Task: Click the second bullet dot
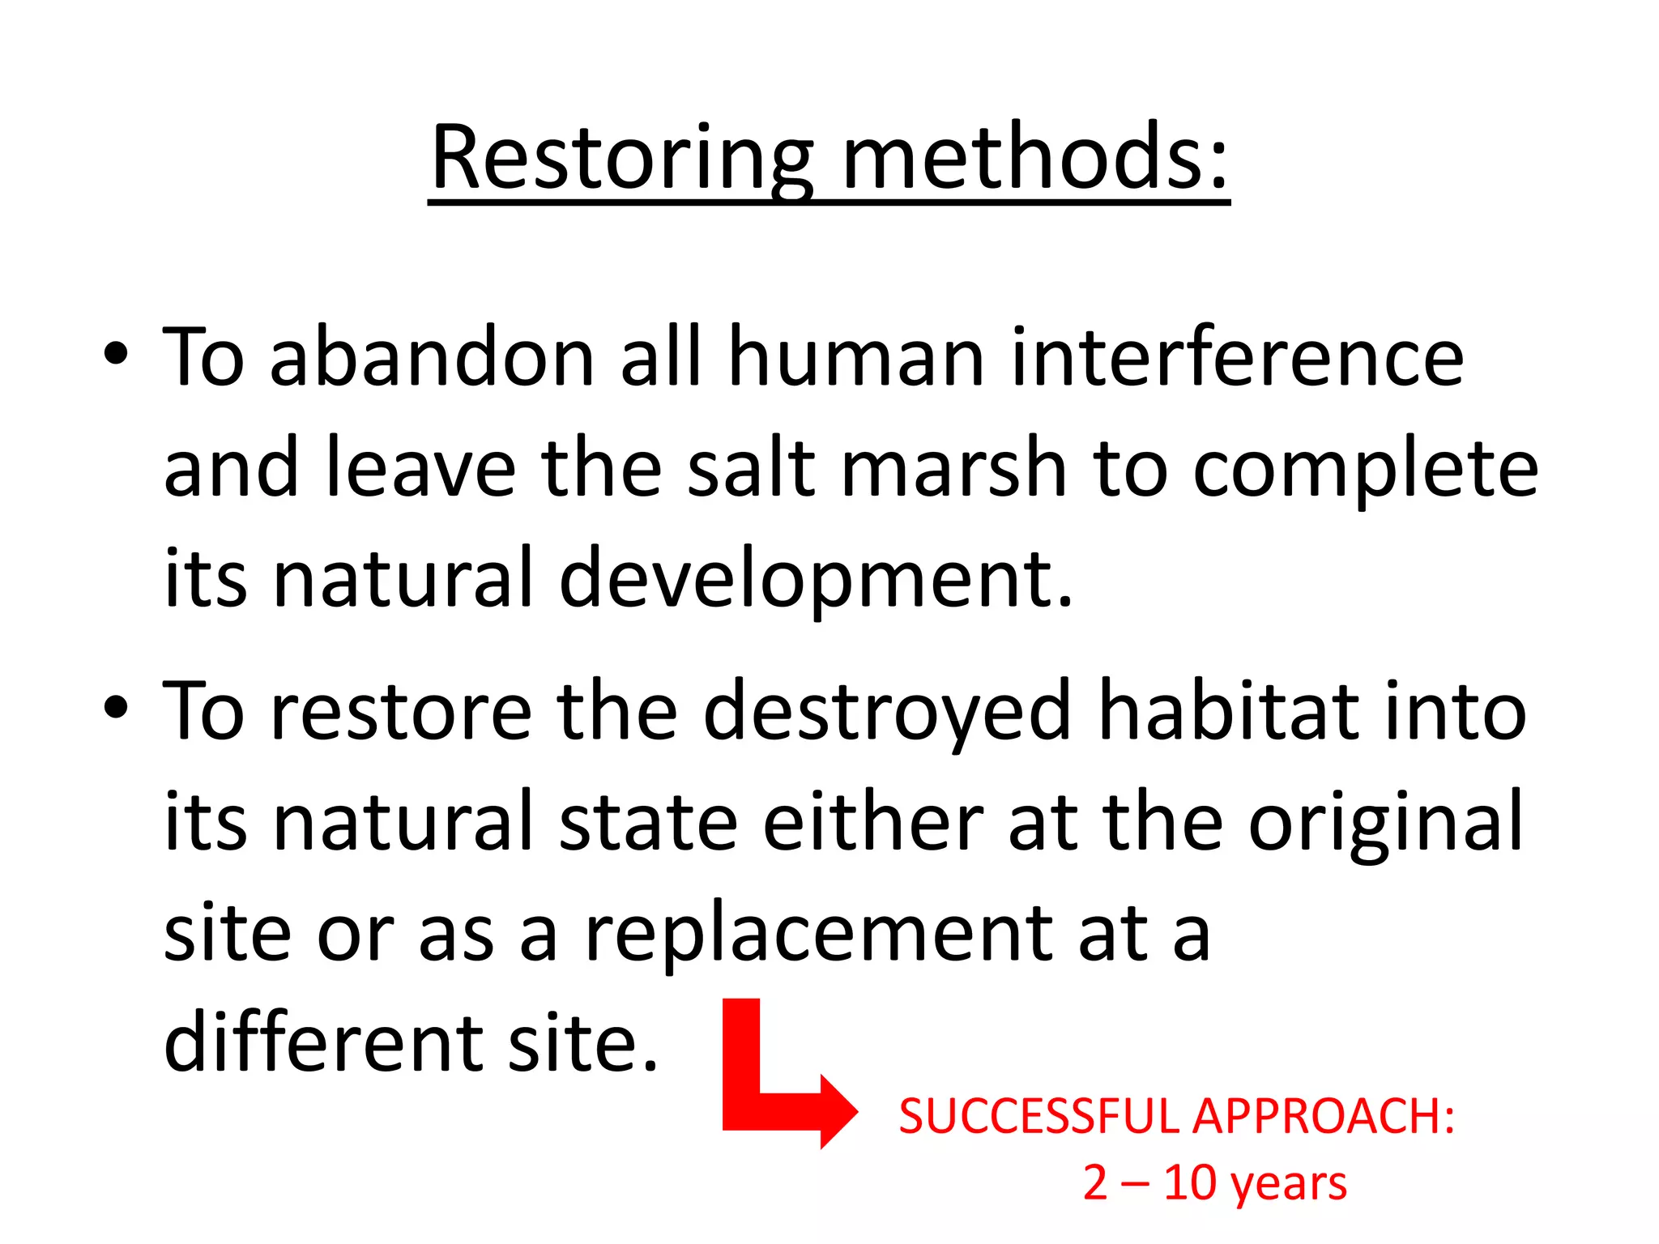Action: point(116,707)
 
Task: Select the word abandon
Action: point(432,358)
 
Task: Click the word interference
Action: point(1237,358)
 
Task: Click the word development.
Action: point(815,580)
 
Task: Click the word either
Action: point(872,823)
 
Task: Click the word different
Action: point(322,1043)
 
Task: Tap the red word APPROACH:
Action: point(1324,1117)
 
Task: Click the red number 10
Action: point(1190,1183)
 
